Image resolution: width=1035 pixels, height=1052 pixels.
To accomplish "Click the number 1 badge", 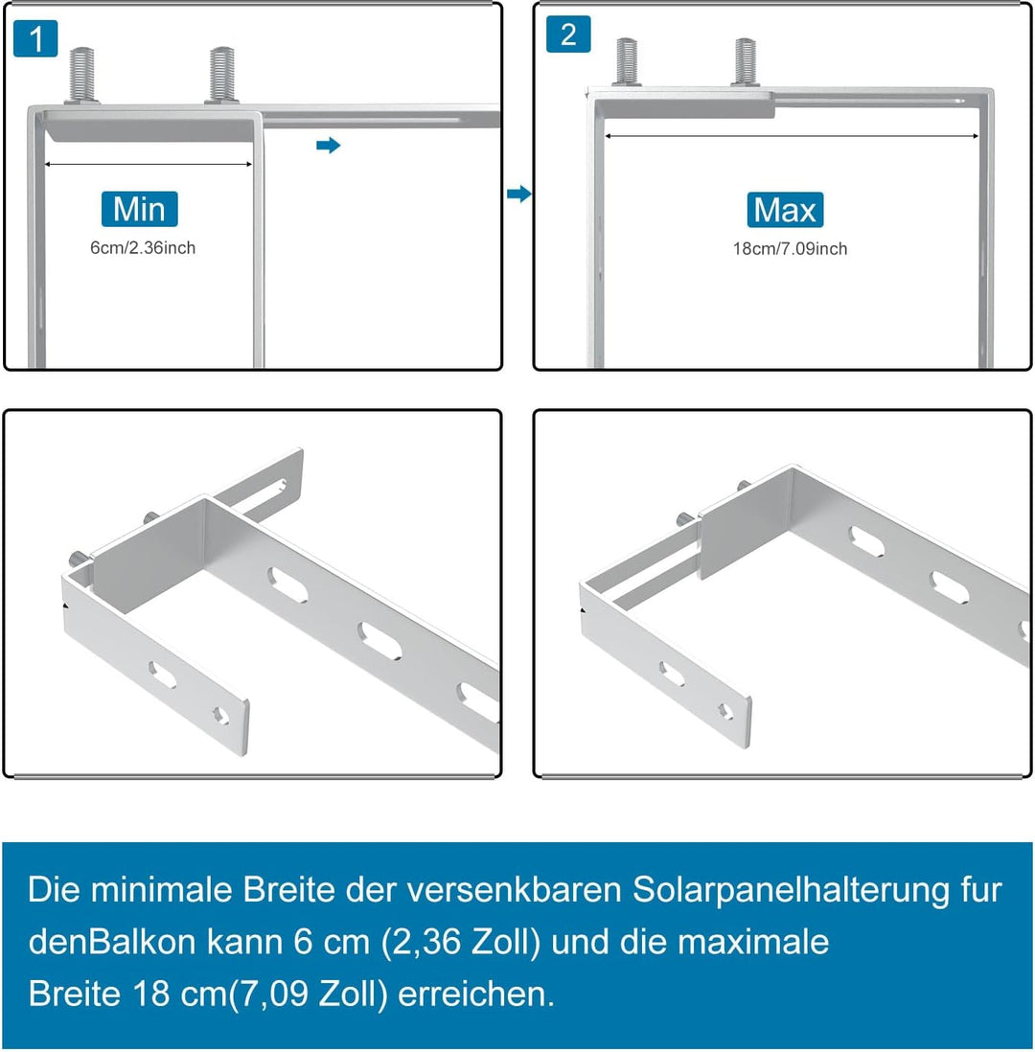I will (36, 39).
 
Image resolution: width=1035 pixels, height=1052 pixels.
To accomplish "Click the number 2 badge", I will (568, 35).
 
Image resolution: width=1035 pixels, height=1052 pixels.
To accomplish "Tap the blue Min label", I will (139, 209).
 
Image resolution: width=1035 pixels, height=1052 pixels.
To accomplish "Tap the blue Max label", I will (785, 210).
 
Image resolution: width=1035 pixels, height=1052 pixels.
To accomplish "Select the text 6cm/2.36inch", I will (143, 248).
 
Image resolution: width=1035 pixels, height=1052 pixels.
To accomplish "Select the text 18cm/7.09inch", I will (790, 249).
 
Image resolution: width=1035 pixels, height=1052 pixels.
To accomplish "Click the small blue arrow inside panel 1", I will (329, 146).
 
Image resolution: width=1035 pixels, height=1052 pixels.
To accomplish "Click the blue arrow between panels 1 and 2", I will (518, 194).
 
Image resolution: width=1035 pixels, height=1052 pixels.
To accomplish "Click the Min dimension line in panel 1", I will (149, 165).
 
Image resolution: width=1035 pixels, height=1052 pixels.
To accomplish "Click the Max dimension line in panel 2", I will (792, 136).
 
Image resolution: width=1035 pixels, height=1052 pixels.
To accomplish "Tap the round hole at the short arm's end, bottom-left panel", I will (219, 714).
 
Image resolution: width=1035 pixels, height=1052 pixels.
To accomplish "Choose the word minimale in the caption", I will (169, 890).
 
